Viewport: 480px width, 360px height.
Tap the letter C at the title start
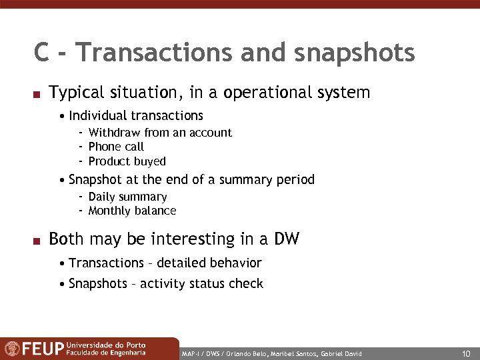42,53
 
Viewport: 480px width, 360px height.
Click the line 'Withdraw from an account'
160,132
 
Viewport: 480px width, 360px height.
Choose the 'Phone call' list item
116,147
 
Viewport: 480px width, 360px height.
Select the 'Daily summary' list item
127,197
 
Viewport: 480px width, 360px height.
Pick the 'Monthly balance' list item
132,211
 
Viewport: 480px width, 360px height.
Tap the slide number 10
466,353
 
